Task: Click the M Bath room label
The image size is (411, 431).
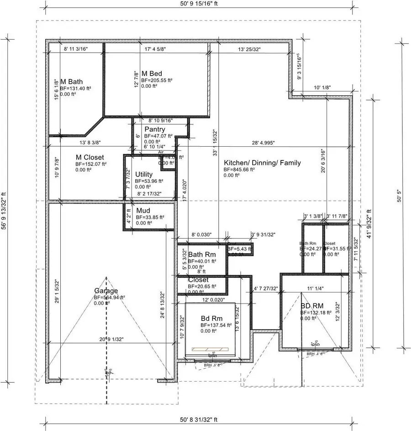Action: [71, 81]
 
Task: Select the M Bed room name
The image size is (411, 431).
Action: [152, 74]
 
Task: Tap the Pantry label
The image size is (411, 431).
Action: [155, 129]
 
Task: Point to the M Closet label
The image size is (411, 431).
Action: [90, 157]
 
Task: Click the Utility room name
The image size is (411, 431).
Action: [144, 174]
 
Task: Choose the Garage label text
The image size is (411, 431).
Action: [106, 291]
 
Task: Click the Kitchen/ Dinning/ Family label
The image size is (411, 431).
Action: [262, 163]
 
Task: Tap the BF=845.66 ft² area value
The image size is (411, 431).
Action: [239, 169]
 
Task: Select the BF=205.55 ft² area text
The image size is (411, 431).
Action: [157, 80]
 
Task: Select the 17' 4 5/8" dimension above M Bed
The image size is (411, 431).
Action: [155, 48]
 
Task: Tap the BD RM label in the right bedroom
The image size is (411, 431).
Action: [312, 306]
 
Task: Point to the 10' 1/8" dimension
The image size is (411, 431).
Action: [322, 87]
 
